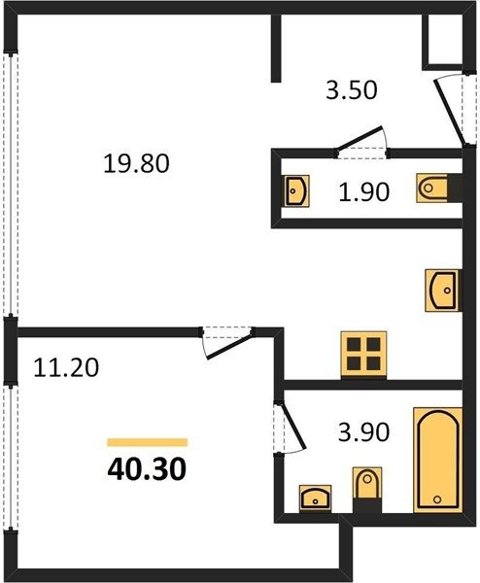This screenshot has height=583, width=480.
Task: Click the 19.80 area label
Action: (136, 163)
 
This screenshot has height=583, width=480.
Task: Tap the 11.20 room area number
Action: (66, 367)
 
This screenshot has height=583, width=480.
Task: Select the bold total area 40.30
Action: (147, 469)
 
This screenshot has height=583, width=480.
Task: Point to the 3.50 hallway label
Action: (352, 89)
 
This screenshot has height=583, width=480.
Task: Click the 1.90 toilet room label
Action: (364, 191)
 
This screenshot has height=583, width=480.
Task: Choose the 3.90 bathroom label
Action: (363, 432)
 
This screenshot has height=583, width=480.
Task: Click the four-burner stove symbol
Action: (363, 355)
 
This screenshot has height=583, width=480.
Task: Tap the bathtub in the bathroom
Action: (438, 461)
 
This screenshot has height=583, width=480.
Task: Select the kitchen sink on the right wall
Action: (442, 291)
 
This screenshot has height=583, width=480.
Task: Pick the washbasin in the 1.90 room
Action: (297, 190)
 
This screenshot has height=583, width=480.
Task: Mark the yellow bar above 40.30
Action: (148, 442)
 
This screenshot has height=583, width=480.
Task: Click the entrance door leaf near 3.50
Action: (450, 113)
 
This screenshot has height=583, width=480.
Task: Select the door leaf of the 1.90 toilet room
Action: (360, 139)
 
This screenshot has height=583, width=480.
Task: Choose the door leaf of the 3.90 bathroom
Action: (292, 427)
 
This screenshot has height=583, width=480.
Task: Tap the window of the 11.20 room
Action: (11, 457)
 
